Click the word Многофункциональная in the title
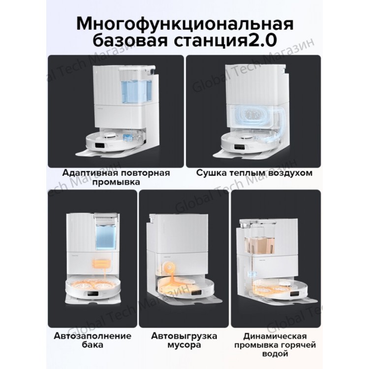[x=184, y=24]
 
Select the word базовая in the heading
[x=130, y=40]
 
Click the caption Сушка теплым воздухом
[x=254, y=173]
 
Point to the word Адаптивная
[x=90, y=173]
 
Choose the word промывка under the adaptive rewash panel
[x=116, y=182]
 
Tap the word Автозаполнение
[x=92, y=336]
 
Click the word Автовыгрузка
[x=184, y=336]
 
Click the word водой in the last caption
[x=275, y=353]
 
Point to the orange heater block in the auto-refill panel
[x=101, y=264]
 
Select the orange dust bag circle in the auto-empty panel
[x=168, y=267]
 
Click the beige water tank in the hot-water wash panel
[x=260, y=245]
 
